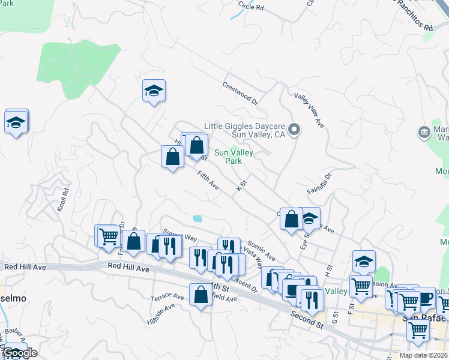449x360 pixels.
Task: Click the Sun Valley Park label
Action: point(234,157)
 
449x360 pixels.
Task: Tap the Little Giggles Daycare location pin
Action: point(294,129)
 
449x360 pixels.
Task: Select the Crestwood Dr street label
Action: point(240,93)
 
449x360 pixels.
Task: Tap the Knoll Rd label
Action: point(63,200)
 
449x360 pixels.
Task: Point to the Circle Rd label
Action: point(251,7)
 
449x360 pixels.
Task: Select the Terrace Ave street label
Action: point(167,296)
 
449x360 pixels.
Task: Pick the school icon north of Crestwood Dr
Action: point(154,92)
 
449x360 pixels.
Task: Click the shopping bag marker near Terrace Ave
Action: point(200,295)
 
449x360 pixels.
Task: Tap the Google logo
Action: point(20,353)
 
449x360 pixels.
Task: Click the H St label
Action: point(328,266)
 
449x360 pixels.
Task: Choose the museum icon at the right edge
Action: point(424,131)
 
